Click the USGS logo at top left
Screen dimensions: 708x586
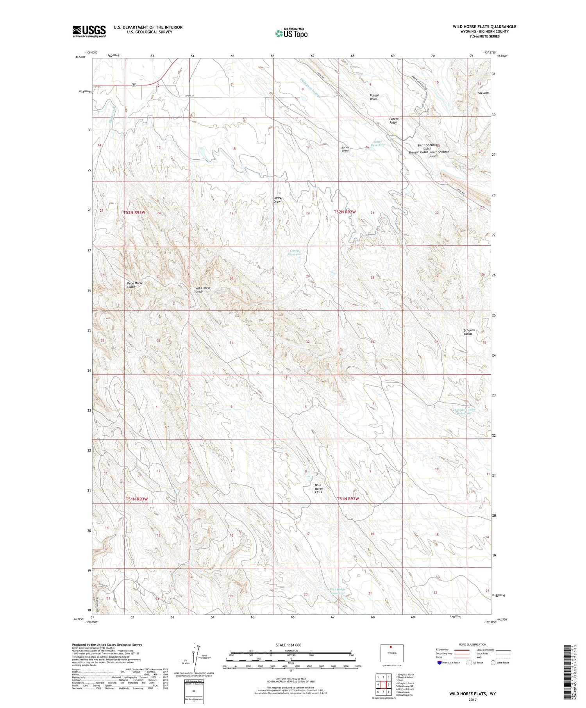tap(89, 31)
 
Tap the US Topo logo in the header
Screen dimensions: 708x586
tap(291, 33)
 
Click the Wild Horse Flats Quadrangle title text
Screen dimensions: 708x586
tap(484, 27)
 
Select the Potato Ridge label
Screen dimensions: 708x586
tap(393, 120)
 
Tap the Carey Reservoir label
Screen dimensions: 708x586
tap(295, 252)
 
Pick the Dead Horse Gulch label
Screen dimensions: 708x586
tap(135, 285)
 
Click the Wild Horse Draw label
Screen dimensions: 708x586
tap(202, 290)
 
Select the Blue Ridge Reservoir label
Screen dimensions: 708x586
tap(337, 591)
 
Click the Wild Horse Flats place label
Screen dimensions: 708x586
tap(318, 489)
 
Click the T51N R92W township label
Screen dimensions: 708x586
tap(348, 499)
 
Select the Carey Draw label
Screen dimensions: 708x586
tap(277, 200)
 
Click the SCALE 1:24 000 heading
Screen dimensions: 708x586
tap(288, 645)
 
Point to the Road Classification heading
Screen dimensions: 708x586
tap(473, 644)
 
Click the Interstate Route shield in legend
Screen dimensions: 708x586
tap(439, 663)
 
